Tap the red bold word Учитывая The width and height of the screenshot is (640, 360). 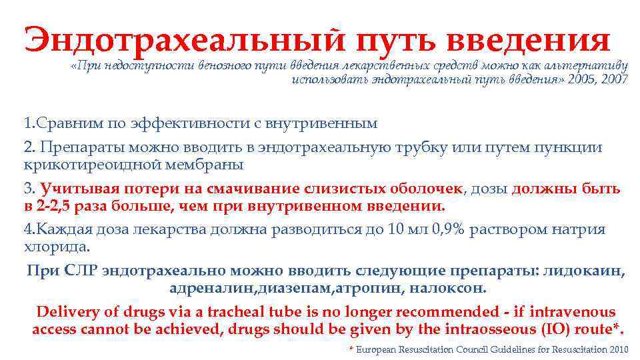[x=75, y=189]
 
